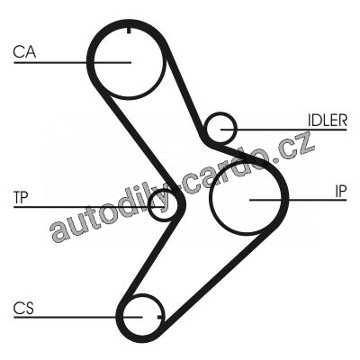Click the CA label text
tap(24, 51)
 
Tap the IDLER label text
tap(328, 121)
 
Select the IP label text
tap(340, 191)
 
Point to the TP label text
tap(21, 197)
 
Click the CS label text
tap(23, 308)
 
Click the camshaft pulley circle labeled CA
tap(94, 61)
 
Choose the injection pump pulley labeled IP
tap(211, 199)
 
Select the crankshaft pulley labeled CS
tap(123, 317)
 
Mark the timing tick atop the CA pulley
tap(129, 31)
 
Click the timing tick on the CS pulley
tap(161, 317)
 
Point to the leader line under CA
tap(73, 62)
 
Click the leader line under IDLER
tap(283, 130)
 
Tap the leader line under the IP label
tap(298, 200)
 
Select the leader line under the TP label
tap(89, 207)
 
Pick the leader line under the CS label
tap(78, 317)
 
